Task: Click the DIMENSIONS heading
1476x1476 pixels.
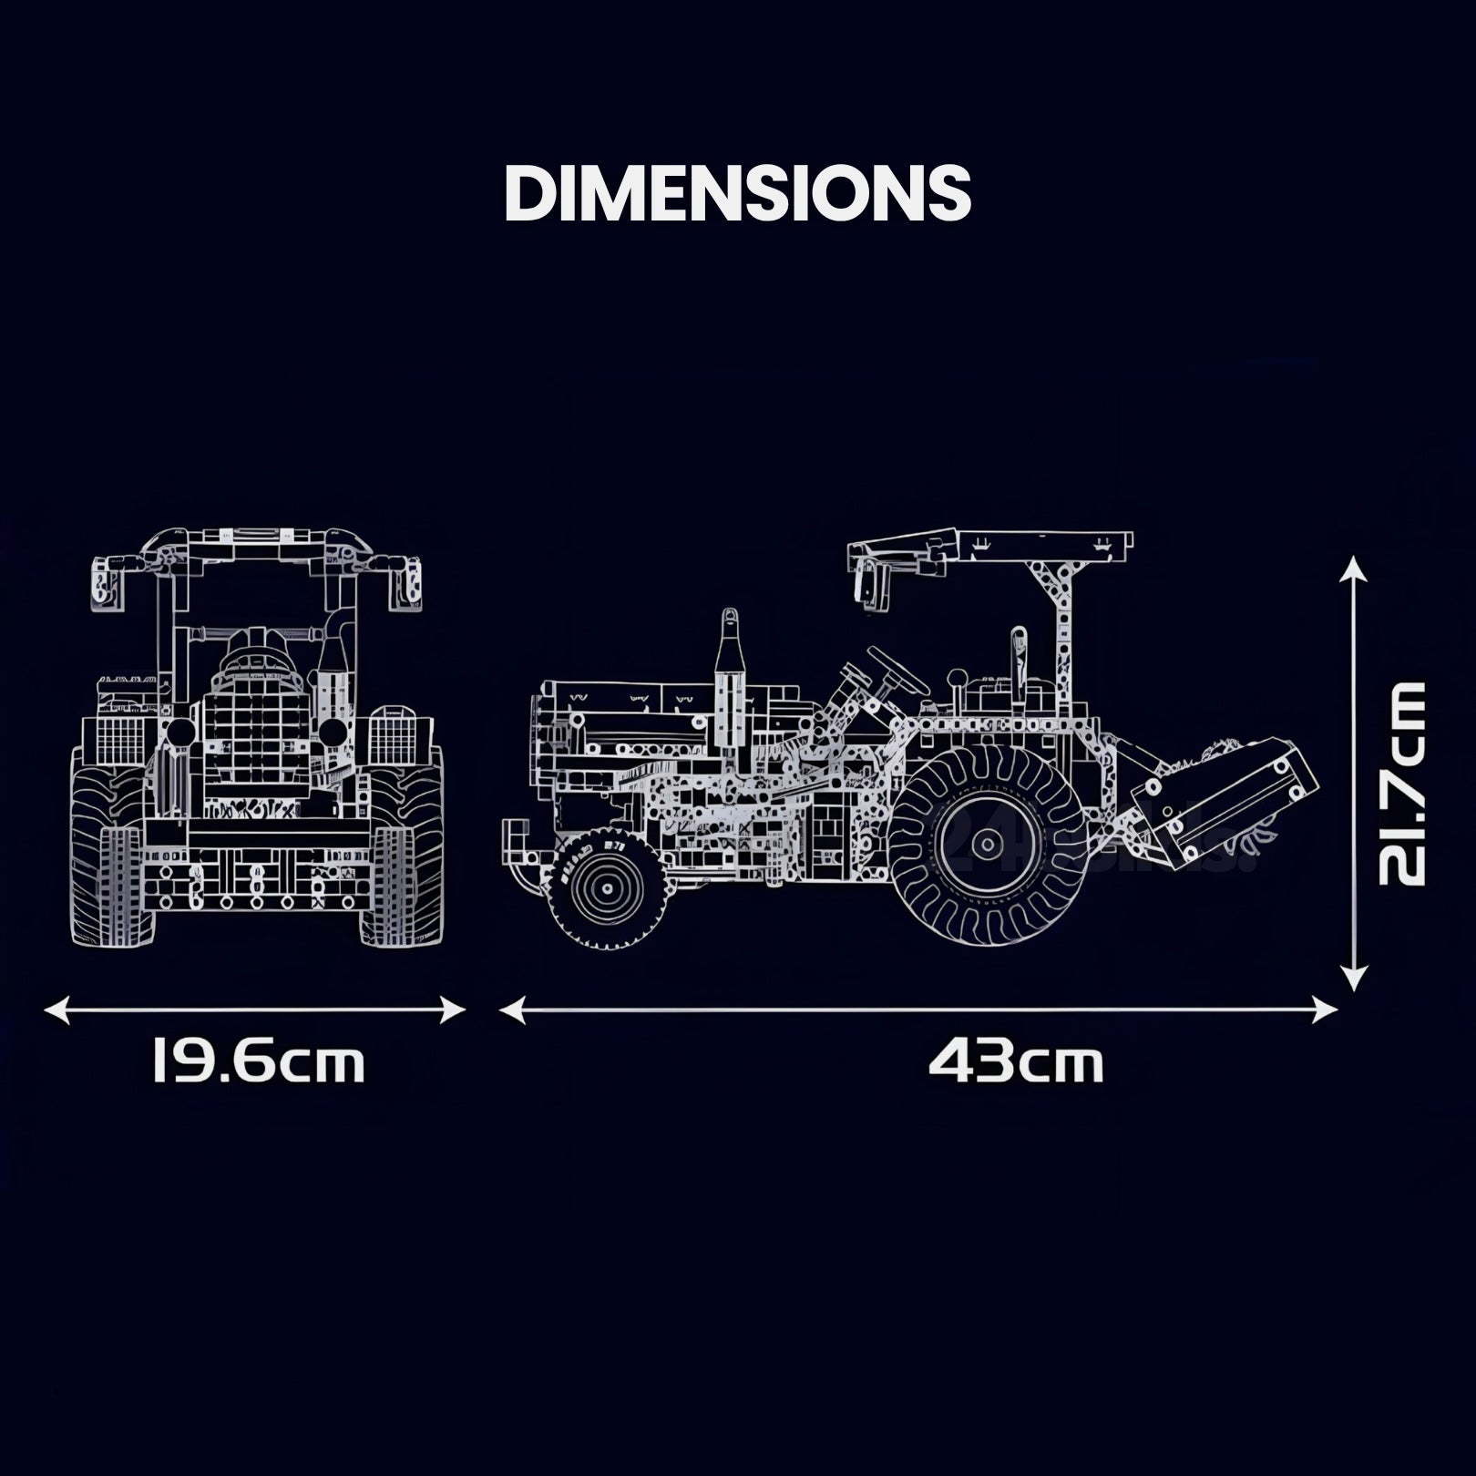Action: (738, 192)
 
